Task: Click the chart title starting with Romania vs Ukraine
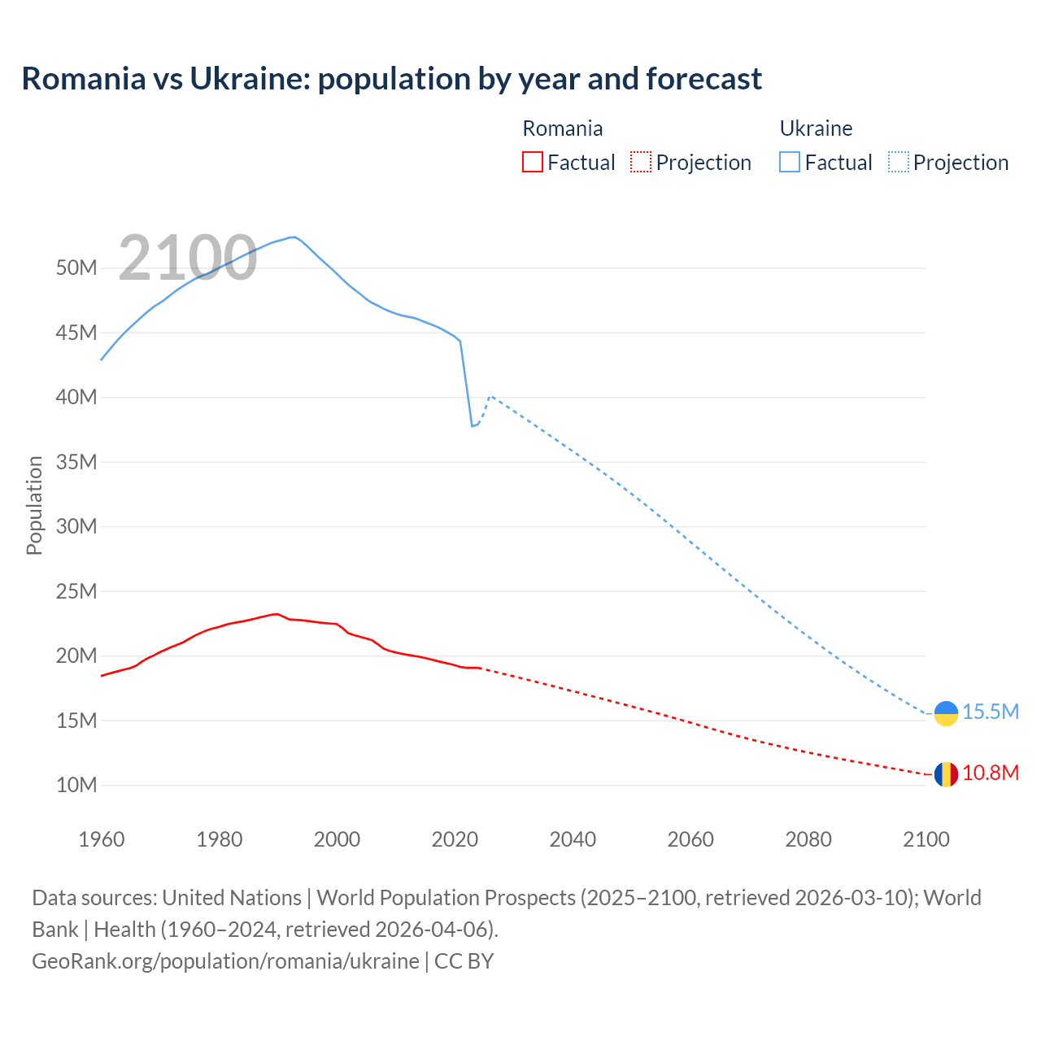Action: pyautogui.click(x=391, y=79)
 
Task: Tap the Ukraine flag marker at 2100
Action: pyautogui.click(x=946, y=713)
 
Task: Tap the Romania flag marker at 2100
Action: pyautogui.click(x=946, y=774)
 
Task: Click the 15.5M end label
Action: pyautogui.click(x=991, y=712)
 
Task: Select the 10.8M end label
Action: pyautogui.click(x=991, y=773)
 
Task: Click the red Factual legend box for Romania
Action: pyautogui.click(x=532, y=162)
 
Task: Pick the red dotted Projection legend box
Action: pyautogui.click(x=641, y=162)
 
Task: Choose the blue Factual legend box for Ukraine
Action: pyautogui.click(x=789, y=162)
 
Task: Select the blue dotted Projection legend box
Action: pyautogui.click(x=898, y=162)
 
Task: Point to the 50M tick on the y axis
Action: pyautogui.click(x=76, y=268)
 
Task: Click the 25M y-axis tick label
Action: pyautogui.click(x=76, y=591)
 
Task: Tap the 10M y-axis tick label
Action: pyautogui.click(x=76, y=786)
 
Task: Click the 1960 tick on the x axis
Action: pyautogui.click(x=102, y=839)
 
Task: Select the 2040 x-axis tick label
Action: pyautogui.click(x=573, y=839)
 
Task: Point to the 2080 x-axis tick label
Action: pyautogui.click(x=808, y=839)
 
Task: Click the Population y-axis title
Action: pyautogui.click(x=34, y=505)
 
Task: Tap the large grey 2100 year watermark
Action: pyautogui.click(x=188, y=259)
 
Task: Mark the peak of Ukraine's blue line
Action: pyautogui.click(x=293, y=237)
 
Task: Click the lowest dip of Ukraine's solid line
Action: pyautogui.click(x=472, y=426)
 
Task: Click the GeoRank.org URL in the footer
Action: pyautogui.click(x=225, y=961)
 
